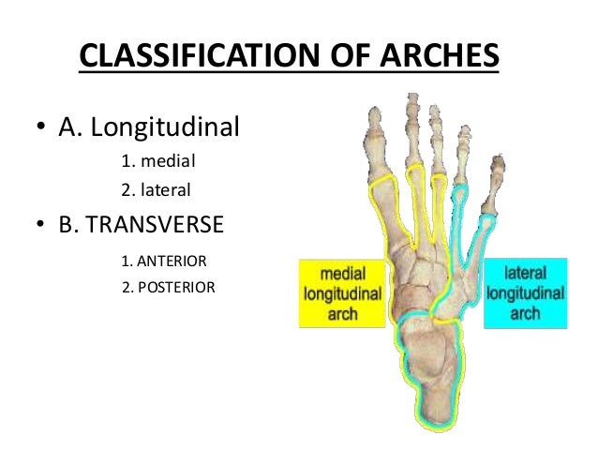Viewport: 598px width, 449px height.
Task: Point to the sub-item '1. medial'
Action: click(x=158, y=159)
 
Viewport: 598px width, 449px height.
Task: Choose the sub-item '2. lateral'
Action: click(x=157, y=190)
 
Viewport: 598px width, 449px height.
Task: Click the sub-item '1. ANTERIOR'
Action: click(x=164, y=260)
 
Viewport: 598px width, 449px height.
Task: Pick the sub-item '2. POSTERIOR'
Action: click(x=169, y=287)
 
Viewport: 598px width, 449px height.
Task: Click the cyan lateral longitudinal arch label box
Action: click(x=525, y=292)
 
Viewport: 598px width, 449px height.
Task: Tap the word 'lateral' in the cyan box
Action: click(x=526, y=274)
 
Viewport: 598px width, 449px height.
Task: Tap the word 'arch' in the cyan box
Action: click(x=526, y=313)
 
